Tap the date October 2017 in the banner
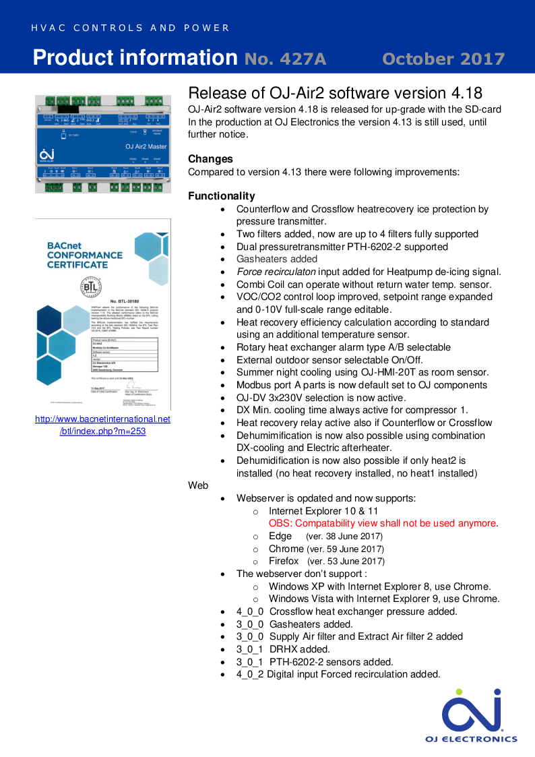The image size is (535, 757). (x=443, y=59)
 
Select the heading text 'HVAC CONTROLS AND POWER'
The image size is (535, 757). (x=130, y=28)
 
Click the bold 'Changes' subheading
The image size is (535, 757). (x=210, y=159)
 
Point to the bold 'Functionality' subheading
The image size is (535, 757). (x=222, y=196)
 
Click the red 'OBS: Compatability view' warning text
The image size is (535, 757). (x=383, y=523)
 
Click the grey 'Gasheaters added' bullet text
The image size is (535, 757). (x=276, y=259)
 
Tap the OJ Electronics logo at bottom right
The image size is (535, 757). (x=471, y=715)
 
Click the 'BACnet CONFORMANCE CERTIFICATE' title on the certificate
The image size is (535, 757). (x=85, y=255)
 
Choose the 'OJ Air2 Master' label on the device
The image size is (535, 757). (x=146, y=146)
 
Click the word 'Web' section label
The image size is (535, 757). (x=198, y=485)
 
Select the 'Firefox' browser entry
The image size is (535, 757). (x=283, y=561)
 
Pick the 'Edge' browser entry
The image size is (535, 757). (x=280, y=536)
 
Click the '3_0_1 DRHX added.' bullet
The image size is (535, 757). (x=283, y=649)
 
